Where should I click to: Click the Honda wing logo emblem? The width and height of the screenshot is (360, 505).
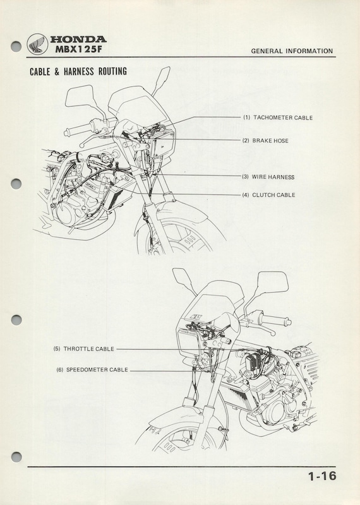click(x=37, y=44)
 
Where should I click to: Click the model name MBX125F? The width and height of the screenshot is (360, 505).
click(x=76, y=50)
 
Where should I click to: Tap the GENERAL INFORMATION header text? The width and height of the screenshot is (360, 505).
click(x=292, y=51)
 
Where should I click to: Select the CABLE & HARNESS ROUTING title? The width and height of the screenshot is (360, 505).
click(x=78, y=71)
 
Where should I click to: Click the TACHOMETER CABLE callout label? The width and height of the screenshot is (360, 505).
click(x=283, y=118)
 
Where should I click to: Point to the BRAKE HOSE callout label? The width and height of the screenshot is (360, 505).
click(x=270, y=141)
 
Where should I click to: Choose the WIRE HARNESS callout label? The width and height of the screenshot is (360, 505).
click(x=273, y=177)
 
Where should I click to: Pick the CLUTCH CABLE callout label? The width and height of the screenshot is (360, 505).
click(x=273, y=195)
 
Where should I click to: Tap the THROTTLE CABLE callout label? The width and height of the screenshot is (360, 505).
click(x=88, y=349)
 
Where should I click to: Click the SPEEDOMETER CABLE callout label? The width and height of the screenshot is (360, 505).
click(x=97, y=370)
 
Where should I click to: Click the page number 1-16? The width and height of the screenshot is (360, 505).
click(x=322, y=476)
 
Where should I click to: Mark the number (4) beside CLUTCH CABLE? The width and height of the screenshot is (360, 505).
click(x=246, y=195)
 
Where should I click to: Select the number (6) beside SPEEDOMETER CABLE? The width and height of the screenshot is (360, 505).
click(x=60, y=370)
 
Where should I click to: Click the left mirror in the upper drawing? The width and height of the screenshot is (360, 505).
click(x=80, y=97)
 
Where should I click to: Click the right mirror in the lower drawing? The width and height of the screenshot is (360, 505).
click(x=273, y=282)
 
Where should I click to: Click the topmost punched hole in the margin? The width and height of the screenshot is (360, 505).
click(x=16, y=46)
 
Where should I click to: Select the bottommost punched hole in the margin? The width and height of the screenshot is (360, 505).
click(x=16, y=456)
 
